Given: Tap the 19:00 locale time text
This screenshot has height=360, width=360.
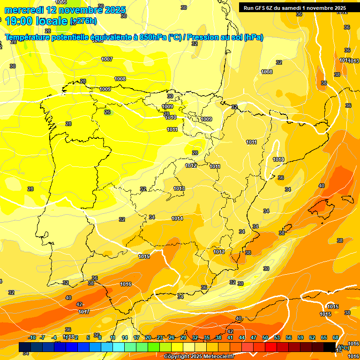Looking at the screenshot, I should [x=36, y=21].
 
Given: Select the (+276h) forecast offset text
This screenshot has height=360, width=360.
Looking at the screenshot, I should [x=83, y=21].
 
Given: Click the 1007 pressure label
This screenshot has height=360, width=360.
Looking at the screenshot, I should [x=107, y=59].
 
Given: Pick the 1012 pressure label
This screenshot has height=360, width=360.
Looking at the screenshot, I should [x=191, y=165].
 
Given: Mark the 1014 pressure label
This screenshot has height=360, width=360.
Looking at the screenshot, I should [x=177, y=218].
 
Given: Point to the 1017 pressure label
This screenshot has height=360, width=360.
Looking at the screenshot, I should [x=84, y=312].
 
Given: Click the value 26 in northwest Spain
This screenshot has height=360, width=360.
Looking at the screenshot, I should [x=107, y=112].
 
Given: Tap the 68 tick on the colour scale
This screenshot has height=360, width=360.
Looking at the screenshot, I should [x=336, y=337].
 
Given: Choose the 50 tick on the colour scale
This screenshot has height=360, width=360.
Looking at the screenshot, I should [x=265, y=337].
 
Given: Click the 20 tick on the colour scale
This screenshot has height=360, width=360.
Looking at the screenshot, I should [x=148, y=337].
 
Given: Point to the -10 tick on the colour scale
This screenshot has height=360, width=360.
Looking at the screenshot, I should [x=32, y=337].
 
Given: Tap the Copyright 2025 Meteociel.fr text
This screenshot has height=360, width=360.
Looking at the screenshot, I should [x=199, y=356].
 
